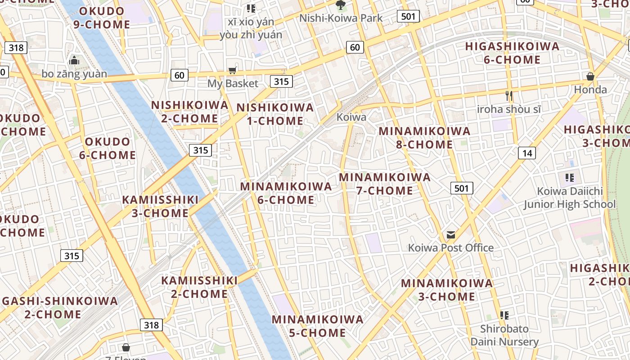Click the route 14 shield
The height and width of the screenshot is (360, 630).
pyautogui.click(x=527, y=153)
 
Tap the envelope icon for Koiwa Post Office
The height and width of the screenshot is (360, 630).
pyautogui.click(x=451, y=235)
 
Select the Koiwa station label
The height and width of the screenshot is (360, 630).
pyautogui.click(x=351, y=117)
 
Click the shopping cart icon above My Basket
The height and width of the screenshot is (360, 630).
pyautogui.click(x=232, y=70)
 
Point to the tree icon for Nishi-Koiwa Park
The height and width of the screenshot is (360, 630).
pyautogui.click(x=341, y=5)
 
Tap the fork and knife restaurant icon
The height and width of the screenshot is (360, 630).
pyautogui.click(x=509, y=95)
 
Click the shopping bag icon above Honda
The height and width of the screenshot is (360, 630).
pyautogui.click(x=590, y=76)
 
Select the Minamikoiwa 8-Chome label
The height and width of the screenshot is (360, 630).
pyautogui.click(x=424, y=138)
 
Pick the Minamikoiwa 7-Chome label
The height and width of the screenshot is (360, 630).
pyautogui.click(x=385, y=184)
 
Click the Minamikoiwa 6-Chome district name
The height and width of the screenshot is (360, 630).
pyautogui.click(x=286, y=193)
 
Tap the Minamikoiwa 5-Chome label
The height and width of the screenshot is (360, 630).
pyautogui.click(x=317, y=326)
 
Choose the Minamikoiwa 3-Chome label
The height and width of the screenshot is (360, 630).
pyautogui.click(x=447, y=290)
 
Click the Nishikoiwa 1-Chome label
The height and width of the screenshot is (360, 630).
pyautogui.click(x=275, y=114)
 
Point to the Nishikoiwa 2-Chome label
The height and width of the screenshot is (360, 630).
pyautogui.click(x=189, y=112)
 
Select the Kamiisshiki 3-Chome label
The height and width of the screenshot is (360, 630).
pyautogui.click(x=160, y=206)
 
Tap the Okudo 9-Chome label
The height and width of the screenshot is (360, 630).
pyautogui.click(x=102, y=18)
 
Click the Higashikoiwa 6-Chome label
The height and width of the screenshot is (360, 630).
pyautogui.click(x=512, y=53)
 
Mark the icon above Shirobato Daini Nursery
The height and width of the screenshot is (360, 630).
pyautogui.click(x=504, y=315)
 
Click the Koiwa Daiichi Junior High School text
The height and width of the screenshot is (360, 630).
pyautogui.click(x=570, y=198)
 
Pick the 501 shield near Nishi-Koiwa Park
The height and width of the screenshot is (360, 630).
pyautogui.click(x=408, y=17)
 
